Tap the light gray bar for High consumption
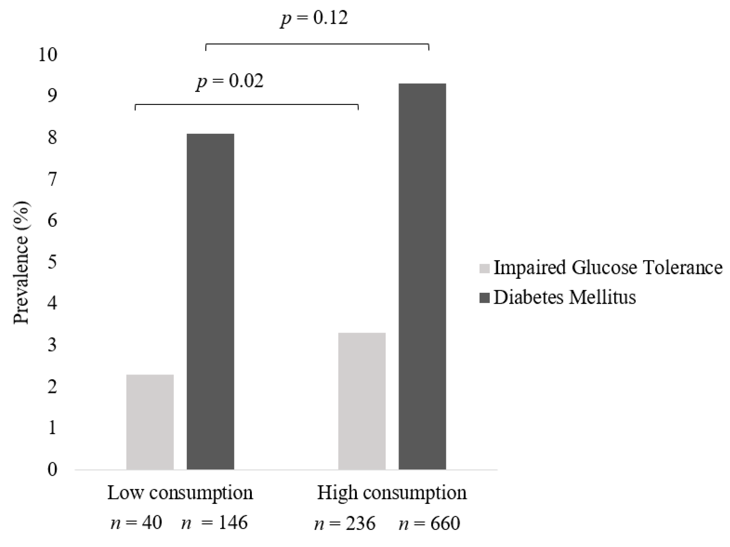tap(362, 401)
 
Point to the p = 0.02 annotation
tap(230, 81)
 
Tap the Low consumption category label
tap(180, 493)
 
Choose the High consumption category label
tap(392, 493)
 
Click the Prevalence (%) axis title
tap(21, 263)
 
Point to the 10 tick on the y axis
tap(48, 55)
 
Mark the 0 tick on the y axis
tap(52, 469)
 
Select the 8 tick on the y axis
tap(52, 138)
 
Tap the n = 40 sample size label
tap(136, 523)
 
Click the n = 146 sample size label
tap(214, 523)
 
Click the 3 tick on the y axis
tap(52, 345)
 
